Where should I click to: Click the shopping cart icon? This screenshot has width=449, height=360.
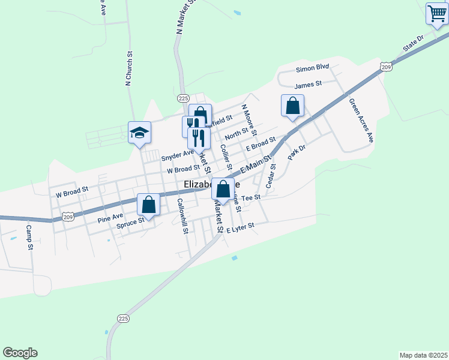(437, 13)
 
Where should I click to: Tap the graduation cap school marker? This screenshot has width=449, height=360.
(139, 133)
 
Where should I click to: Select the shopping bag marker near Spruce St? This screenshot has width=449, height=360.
(149, 205)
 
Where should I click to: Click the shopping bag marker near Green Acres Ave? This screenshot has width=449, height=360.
(292, 106)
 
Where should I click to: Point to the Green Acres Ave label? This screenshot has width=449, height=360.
(361, 120)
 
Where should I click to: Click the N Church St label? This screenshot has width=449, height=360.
(128, 72)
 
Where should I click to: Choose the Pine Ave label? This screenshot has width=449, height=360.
(110, 214)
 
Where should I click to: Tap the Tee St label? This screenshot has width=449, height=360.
(250, 197)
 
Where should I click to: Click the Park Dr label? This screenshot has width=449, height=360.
(293, 152)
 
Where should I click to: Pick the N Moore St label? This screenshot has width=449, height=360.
(248, 119)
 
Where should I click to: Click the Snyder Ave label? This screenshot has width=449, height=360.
(177, 157)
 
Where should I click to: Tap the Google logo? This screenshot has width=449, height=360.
(20, 353)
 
